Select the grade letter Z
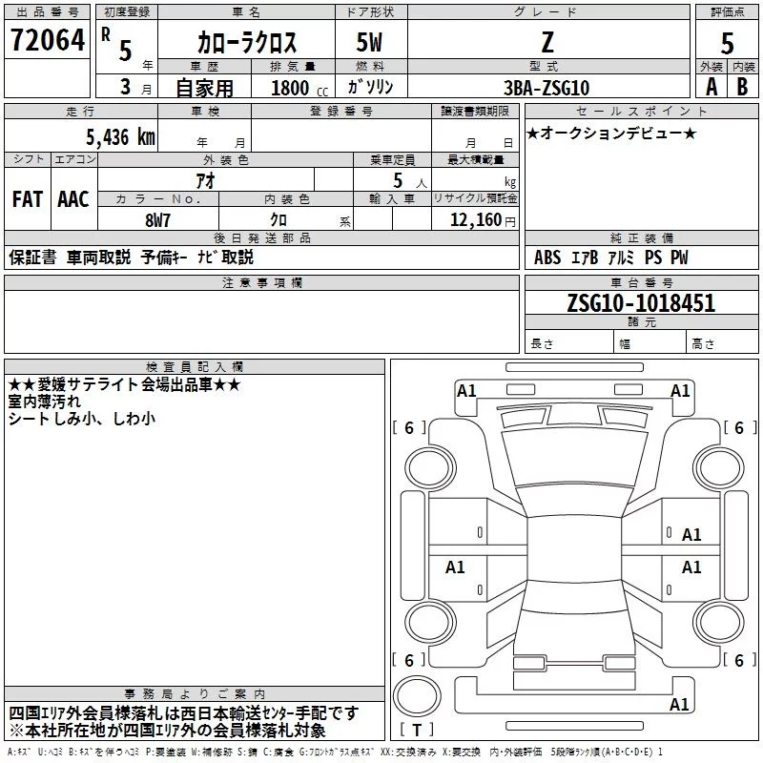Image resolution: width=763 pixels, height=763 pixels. (546, 42)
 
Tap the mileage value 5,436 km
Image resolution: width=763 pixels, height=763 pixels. (106, 136)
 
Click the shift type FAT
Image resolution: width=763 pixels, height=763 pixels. (28, 198)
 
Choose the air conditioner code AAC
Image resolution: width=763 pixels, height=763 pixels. (73, 198)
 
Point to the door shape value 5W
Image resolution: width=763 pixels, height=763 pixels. (372, 42)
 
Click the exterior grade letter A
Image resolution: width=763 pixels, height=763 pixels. (711, 87)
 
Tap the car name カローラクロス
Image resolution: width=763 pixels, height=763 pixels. (246, 42)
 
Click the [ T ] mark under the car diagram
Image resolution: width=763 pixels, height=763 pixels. (417, 731)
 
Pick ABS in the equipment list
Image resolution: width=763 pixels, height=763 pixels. (547, 258)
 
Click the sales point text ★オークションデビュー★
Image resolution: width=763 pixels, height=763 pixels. (611, 134)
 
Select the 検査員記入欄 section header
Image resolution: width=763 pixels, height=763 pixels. (195, 366)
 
